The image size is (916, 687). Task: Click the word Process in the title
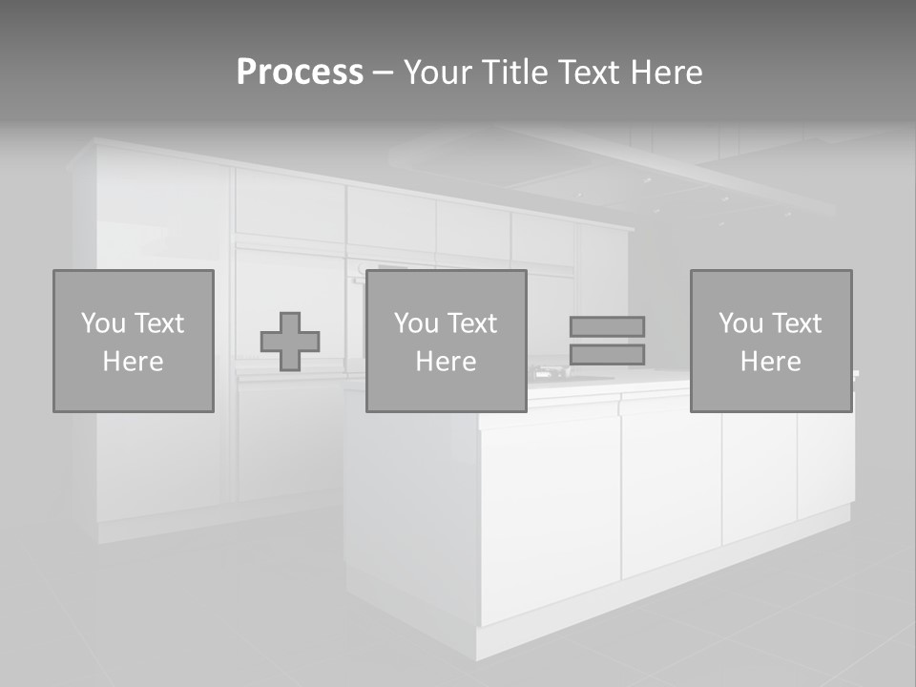click(x=300, y=73)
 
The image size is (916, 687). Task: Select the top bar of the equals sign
click(x=607, y=326)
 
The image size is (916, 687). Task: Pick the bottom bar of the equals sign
click(x=607, y=355)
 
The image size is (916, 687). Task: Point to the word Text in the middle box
click(x=472, y=323)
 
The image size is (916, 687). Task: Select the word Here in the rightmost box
click(x=771, y=362)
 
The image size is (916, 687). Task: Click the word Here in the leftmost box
click(x=134, y=362)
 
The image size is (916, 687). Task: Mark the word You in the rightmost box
click(x=740, y=323)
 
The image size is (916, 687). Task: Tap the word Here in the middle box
click(x=447, y=362)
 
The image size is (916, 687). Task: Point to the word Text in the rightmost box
click(x=797, y=323)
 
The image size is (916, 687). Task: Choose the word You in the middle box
click(x=416, y=323)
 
